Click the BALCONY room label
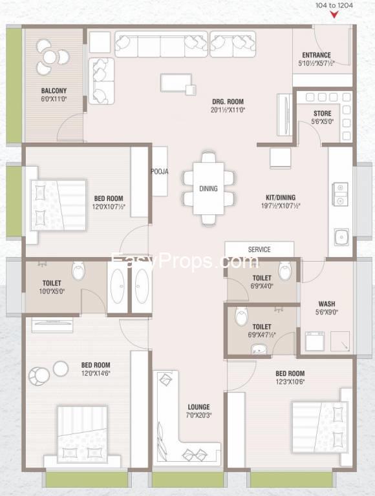(x=54, y=91)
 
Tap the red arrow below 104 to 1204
(x=334, y=15)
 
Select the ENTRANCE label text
(x=316, y=55)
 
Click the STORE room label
(x=323, y=114)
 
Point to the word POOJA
(x=159, y=172)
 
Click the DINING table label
(x=208, y=189)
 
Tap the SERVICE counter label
(x=259, y=249)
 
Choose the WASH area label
(x=327, y=304)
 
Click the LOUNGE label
(x=198, y=407)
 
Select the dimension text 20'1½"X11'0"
(x=228, y=110)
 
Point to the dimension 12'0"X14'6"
(x=95, y=373)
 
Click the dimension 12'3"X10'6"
(x=290, y=382)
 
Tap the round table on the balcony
(x=50, y=57)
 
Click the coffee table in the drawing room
(x=176, y=83)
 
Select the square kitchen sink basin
(x=342, y=237)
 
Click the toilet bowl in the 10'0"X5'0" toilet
(x=78, y=271)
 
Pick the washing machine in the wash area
(x=315, y=341)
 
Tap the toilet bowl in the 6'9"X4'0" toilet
(x=284, y=271)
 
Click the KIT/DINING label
(x=281, y=198)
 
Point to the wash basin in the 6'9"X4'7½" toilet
(x=259, y=349)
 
